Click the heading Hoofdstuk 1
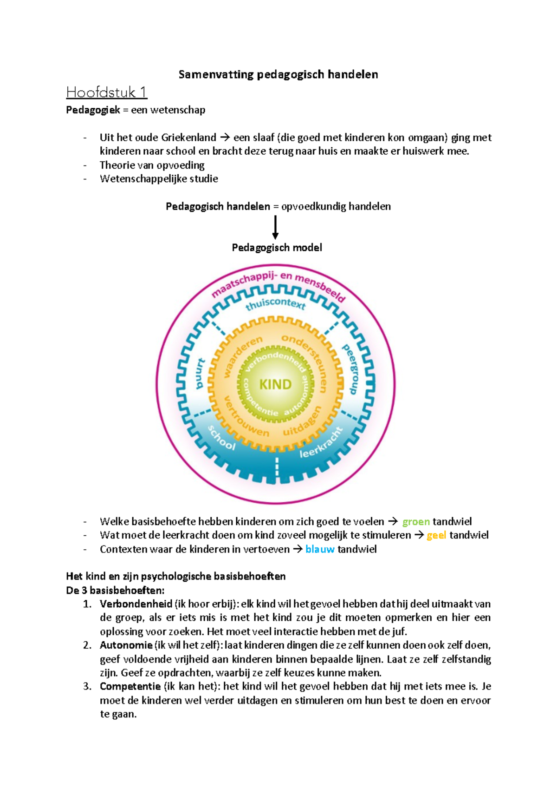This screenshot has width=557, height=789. (107, 92)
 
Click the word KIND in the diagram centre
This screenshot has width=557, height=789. (275, 384)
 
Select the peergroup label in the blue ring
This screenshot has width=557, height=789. (352, 369)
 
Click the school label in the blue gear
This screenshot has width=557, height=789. (221, 438)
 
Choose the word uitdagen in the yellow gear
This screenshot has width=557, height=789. (303, 421)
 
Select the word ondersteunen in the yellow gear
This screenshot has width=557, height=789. (306, 361)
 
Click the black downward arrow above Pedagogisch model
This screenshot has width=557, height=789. (276, 227)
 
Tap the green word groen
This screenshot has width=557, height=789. (416, 522)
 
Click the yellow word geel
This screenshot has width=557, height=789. (436, 535)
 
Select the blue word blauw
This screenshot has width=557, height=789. (320, 549)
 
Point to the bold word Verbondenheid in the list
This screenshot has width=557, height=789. (136, 604)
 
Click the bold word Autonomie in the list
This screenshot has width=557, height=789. (126, 645)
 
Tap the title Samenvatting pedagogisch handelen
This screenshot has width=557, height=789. (278, 74)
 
